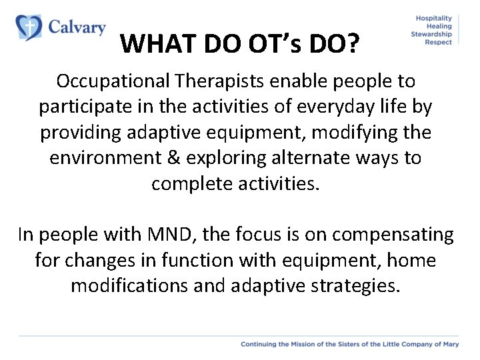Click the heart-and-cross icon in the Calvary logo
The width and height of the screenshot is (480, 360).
tap(28, 27)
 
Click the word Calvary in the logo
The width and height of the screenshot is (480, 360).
tap(77, 27)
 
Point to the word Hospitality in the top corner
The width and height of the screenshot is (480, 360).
tap(433, 18)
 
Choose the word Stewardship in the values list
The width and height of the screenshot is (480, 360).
tap(431, 34)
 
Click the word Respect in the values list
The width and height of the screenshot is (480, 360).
tap(438, 42)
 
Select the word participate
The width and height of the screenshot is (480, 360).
tap(83, 107)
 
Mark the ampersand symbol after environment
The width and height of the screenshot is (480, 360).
tap(175, 157)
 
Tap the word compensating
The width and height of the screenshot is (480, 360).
tap(393, 235)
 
